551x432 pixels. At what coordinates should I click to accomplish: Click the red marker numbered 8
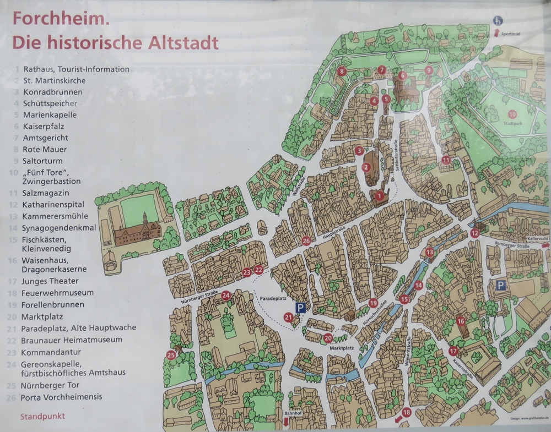(x=342, y=70)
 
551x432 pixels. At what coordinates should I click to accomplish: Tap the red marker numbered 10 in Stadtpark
(x=512, y=114)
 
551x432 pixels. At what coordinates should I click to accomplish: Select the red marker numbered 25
(x=171, y=355)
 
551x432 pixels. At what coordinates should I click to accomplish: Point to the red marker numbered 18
(x=407, y=412)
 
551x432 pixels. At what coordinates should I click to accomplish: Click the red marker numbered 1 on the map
(x=379, y=194)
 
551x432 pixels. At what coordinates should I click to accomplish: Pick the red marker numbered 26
(x=306, y=240)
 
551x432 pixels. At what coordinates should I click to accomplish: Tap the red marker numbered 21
(x=289, y=317)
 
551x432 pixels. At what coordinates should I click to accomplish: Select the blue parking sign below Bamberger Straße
(x=500, y=285)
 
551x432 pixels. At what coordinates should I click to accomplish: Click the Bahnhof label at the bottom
(x=291, y=413)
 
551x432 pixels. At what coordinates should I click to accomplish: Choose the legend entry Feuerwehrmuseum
(x=58, y=293)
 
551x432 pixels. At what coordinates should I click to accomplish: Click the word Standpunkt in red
(x=42, y=416)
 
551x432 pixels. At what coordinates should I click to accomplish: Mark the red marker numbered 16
(x=461, y=321)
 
